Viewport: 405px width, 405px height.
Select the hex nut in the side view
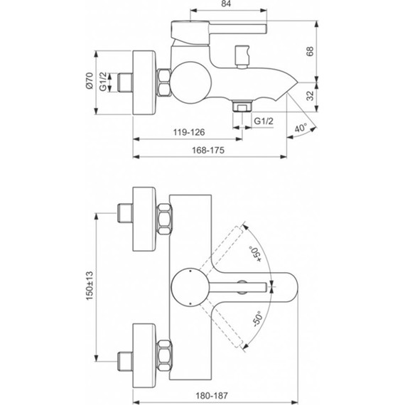tap(164, 82)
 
